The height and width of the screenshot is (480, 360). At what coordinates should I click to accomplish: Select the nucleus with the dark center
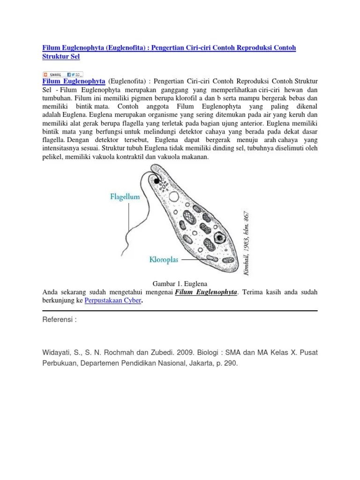tap(218, 238)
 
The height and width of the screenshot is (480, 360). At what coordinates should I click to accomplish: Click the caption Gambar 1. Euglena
tap(180, 284)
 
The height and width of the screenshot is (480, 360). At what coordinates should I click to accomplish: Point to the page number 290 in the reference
tap(232, 362)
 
